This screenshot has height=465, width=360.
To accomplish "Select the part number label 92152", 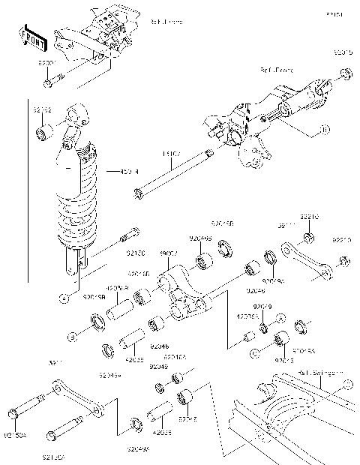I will (x=43, y=109).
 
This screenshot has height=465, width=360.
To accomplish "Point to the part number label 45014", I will (x=130, y=171).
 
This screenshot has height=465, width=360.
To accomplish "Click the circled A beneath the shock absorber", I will (x=64, y=297).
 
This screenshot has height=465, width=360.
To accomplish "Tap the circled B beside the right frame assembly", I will (x=323, y=130).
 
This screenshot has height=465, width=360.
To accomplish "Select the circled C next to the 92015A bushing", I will (x=256, y=350).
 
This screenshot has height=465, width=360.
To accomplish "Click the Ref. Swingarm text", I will (x=319, y=372).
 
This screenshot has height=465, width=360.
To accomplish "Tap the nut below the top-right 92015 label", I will (x=344, y=73).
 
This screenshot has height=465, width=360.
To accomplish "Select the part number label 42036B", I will (x=118, y=286).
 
